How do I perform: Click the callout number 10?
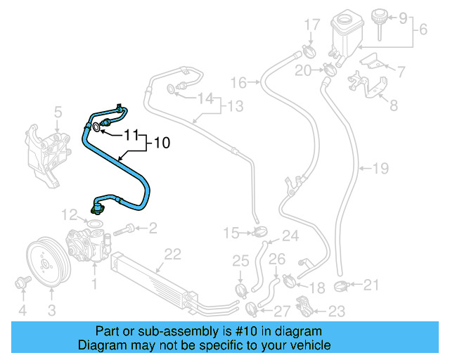coord(162,143)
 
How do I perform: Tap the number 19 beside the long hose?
coord(380,169)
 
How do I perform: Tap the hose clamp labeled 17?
coord(308,51)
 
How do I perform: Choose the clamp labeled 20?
coord(328,69)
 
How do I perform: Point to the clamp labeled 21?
coord(342,285)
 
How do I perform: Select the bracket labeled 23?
coord(304,307)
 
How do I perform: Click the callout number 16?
coord(238,83)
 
